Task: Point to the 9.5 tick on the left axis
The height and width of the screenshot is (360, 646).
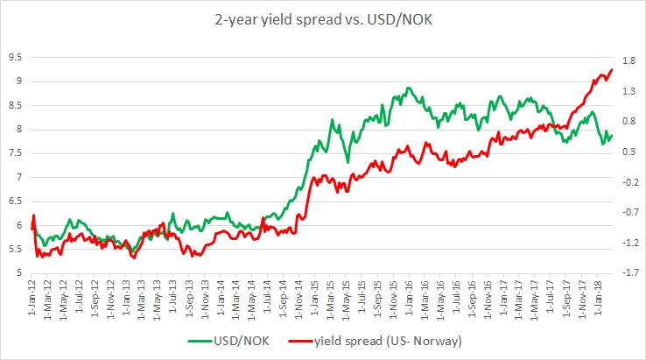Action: pyautogui.click(x=15, y=58)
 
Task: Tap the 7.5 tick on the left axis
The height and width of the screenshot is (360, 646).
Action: pyautogui.click(x=15, y=153)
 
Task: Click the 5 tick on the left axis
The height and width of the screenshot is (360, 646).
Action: pyautogui.click(x=19, y=272)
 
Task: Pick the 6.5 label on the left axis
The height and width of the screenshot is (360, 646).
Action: pyautogui.click(x=15, y=201)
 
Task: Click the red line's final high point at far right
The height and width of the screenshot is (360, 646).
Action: pyautogui.click(x=610, y=70)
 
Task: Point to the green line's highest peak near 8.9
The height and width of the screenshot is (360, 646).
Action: pyautogui.click(x=408, y=88)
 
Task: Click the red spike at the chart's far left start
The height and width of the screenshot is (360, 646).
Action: pyautogui.click(x=33, y=215)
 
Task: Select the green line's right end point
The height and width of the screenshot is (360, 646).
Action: pyautogui.click(x=611, y=134)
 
